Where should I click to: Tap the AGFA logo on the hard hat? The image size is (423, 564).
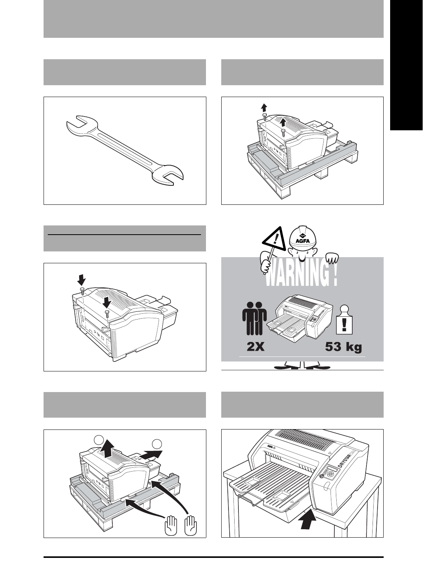point(302,240)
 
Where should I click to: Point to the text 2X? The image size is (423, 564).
point(255,347)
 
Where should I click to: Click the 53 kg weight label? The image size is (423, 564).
point(343,347)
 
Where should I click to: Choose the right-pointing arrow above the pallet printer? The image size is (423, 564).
point(152,455)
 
